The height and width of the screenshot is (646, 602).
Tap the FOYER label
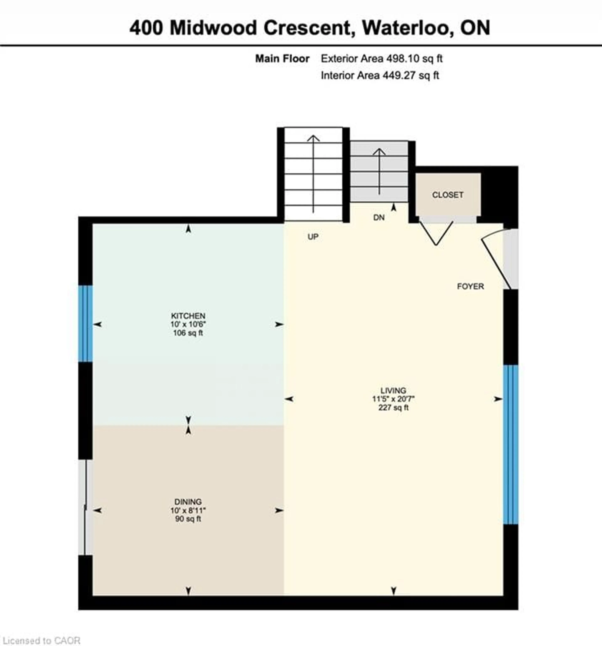[x=470, y=286]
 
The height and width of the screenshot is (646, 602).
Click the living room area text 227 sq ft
[x=393, y=407]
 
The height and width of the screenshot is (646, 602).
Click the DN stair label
[x=379, y=217]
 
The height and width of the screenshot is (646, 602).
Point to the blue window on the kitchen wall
[x=85, y=323]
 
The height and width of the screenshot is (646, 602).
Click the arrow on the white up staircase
[x=313, y=174]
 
